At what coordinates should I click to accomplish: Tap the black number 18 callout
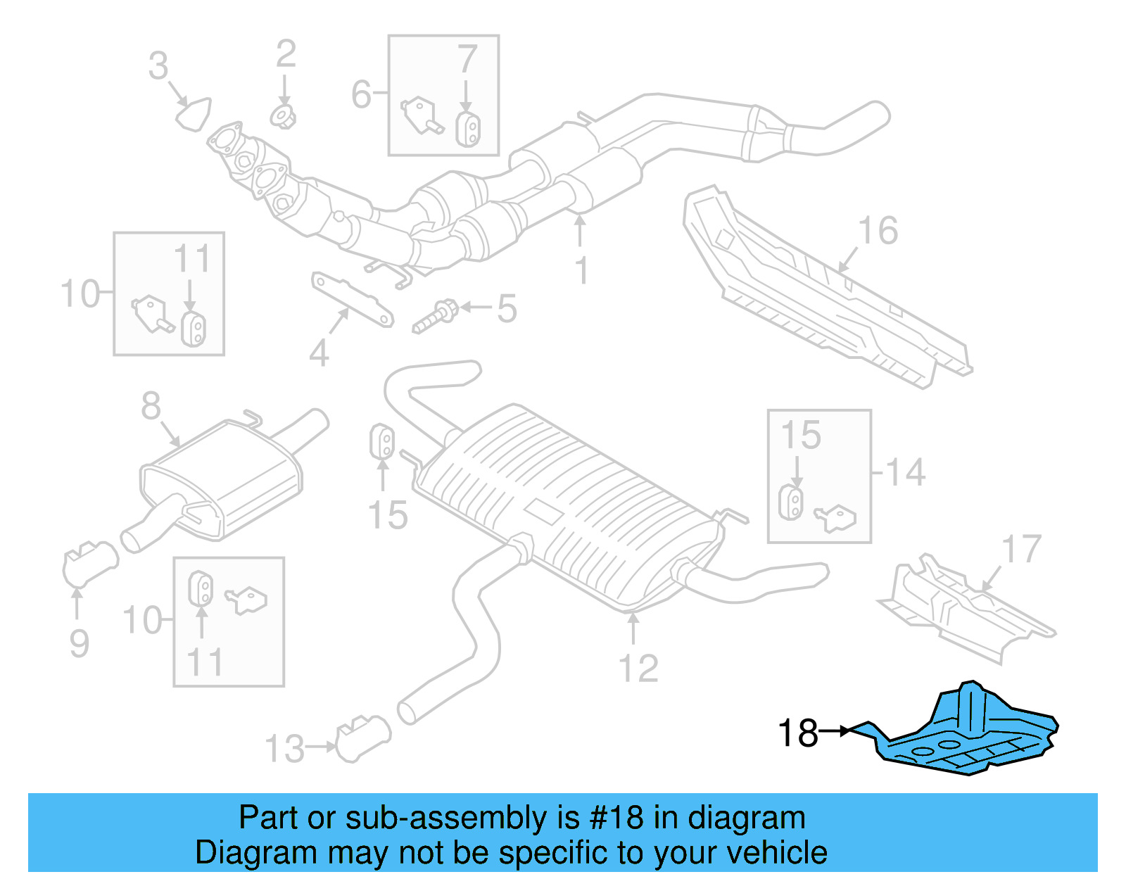point(797,733)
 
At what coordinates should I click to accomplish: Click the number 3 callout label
point(158,66)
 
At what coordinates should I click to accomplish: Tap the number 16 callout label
point(878,231)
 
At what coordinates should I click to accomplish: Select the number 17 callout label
point(1020,550)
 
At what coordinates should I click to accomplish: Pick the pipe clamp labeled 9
point(89,563)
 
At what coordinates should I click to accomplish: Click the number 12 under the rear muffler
point(638,669)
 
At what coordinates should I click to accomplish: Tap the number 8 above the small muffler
point(151,406)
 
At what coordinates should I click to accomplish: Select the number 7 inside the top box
point(467,60)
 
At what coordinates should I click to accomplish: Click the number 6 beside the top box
point(361,94)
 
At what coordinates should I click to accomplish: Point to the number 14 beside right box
point(905,472)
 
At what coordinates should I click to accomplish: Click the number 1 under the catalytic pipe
point(581,271)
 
